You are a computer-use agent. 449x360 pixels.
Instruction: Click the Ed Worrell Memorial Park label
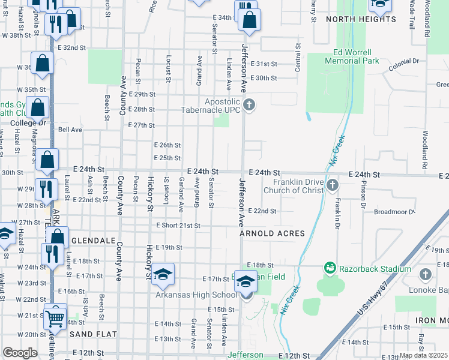(352, 56)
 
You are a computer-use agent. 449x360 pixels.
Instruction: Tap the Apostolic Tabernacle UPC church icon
(250, 106)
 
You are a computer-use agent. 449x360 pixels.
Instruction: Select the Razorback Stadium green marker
(329, 267)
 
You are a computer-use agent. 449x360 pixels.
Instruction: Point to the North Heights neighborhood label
(361, 19)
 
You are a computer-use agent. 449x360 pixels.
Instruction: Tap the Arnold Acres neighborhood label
(272, 233)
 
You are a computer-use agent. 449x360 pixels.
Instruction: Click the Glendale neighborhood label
(93, 240)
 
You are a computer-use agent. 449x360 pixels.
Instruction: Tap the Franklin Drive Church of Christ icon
(333, 186)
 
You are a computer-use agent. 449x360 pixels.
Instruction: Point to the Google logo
(20, 353)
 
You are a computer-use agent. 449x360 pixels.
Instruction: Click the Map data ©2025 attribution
(423, 355)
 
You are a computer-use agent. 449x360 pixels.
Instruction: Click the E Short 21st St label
(178, 226)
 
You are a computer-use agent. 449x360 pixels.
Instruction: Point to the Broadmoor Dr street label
(394, 212)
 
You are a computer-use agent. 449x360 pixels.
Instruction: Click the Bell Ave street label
(70, 129)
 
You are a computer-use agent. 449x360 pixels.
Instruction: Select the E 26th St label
(167, 145)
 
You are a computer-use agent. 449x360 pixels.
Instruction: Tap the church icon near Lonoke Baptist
(426, 274)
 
